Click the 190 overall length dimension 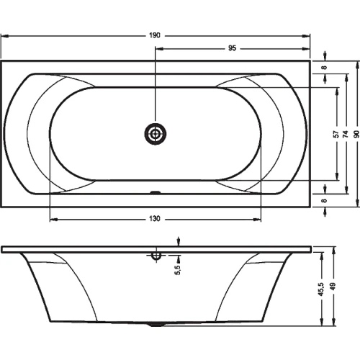(155, 35)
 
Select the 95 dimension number (232, 48)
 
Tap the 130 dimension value (155, 219)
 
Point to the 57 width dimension (336, 134)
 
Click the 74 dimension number (346, 134)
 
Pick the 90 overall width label (356, 134)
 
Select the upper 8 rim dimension (324, 68)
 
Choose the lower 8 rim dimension (324, 200)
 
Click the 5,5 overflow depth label (178, 270)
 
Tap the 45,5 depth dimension (321, 289)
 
